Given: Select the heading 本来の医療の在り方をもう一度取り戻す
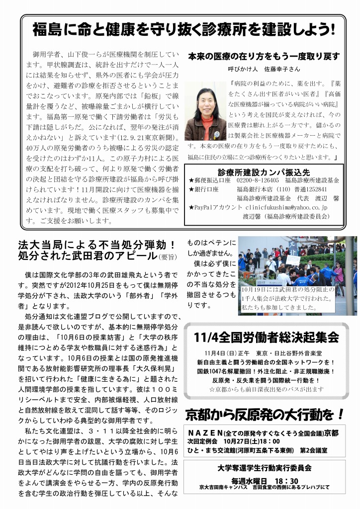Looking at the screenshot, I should [264, 56].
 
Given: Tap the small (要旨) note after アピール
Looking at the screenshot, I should [167, 257].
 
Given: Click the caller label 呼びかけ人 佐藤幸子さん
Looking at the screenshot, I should [264, 69].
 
